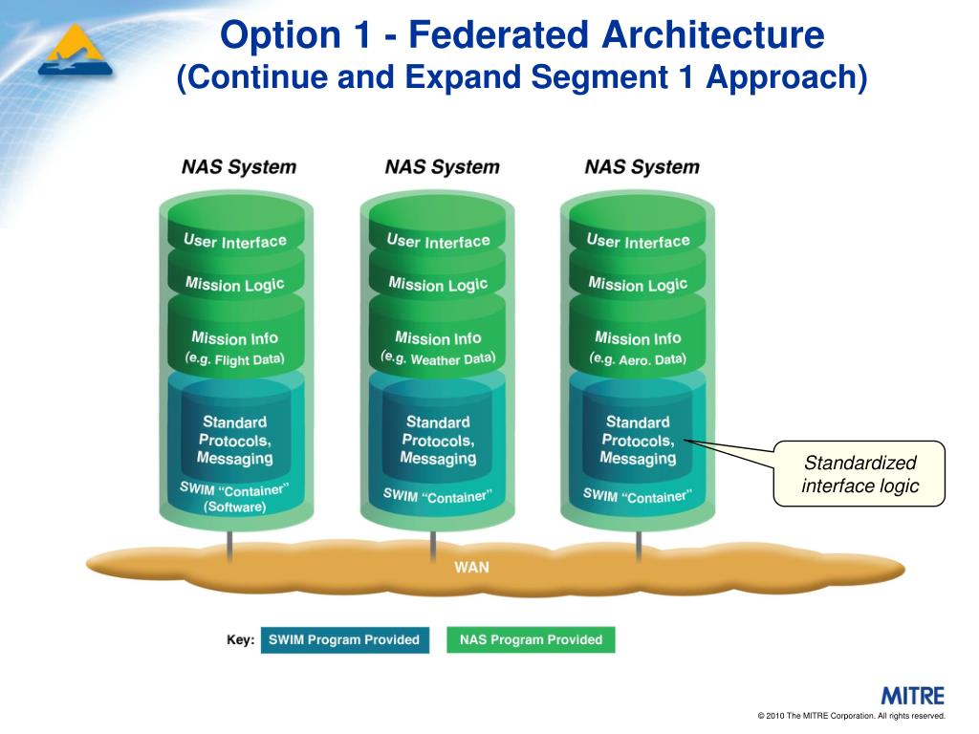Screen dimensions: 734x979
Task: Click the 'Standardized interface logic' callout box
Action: [x=859, y=474]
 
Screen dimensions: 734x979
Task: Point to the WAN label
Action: [x=471, y=567]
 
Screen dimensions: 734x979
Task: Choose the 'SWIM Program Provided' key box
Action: [x=344, y=639]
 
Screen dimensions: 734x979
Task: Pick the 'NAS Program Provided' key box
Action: [x=531, y=639]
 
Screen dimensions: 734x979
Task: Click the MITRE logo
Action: [x=912, y=696]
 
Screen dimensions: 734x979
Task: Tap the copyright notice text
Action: [x=851, y=716]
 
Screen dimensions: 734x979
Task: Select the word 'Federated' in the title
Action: [x=499, y=36]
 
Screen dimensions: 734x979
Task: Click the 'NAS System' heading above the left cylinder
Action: [x=239, y=167]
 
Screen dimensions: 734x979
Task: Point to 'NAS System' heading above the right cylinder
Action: [x=642, y=167]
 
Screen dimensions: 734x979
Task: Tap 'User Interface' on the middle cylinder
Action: [x=438, y=242]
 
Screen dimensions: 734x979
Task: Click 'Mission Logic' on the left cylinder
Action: [x=234, y=285]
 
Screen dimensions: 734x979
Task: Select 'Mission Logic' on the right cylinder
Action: [x=638, y=285]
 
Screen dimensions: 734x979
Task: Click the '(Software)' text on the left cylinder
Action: [x=234, y=507]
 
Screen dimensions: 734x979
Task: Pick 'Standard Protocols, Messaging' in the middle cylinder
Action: [x=438, y=441]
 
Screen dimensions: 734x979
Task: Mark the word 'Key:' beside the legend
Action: [x=240, y=639]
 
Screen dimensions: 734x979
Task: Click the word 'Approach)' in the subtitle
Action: [x=786, y=77]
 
